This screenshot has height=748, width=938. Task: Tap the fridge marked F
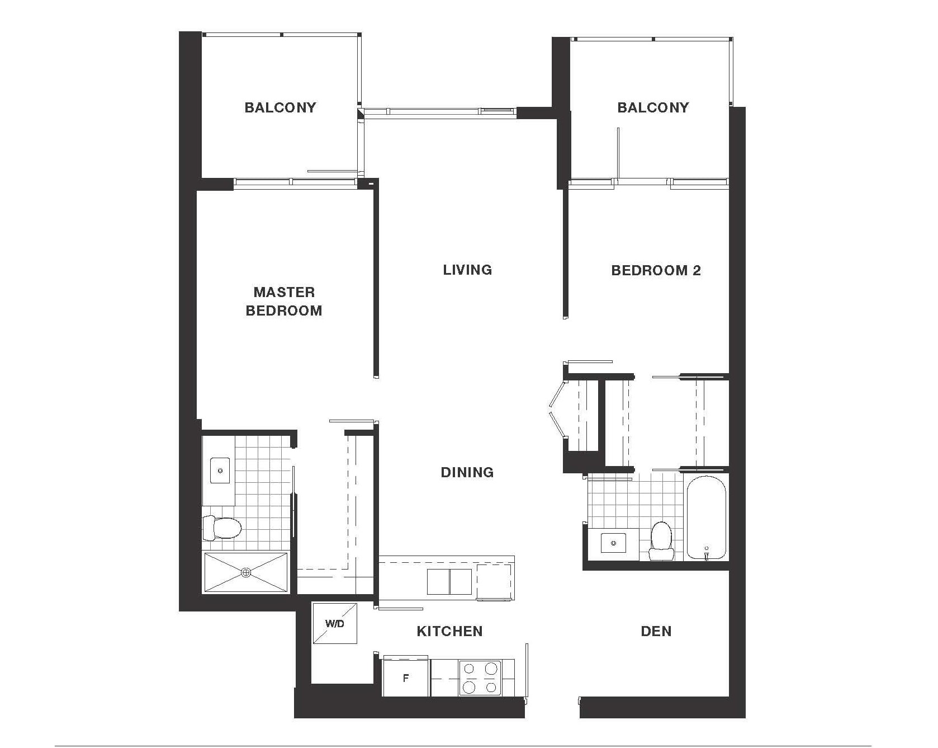(406, 678)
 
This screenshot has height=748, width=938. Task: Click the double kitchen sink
(449, 582)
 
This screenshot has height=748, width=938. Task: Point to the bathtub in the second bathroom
(706, 518)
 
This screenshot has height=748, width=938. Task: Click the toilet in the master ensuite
(222, 528)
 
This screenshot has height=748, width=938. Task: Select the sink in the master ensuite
(220, 470)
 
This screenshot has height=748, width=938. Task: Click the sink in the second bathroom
(614, 543)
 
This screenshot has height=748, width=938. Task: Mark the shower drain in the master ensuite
(246, 572)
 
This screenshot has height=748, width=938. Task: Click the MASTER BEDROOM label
(284, 301)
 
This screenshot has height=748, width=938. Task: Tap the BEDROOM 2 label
(656, 271)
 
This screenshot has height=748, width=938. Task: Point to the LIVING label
(467, 270)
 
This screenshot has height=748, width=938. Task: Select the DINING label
(467, 472)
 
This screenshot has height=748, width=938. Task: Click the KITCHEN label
(449, 631)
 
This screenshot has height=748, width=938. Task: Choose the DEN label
(656, 631)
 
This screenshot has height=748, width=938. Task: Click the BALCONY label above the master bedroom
(280, 107)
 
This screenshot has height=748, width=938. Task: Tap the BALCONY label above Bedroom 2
(653, 107)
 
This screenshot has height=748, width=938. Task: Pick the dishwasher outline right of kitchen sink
(494, 582)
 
